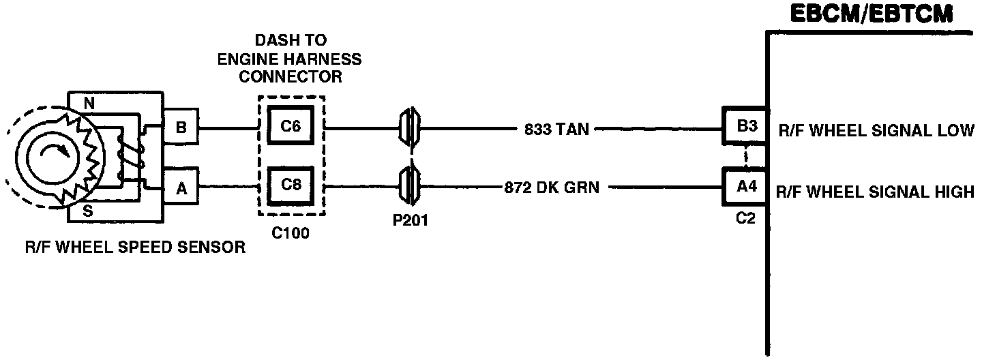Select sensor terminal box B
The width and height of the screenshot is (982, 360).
coord(180,127)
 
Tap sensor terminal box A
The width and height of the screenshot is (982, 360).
coord(180,189)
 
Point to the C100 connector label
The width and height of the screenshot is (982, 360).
coord(291,233)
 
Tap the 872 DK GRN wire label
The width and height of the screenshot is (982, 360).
coord(552,187)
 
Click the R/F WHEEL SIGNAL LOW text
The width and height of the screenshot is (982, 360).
coord(876,130)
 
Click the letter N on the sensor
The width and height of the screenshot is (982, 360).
coord(89,104)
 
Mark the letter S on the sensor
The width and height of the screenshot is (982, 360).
coord(89,211)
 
